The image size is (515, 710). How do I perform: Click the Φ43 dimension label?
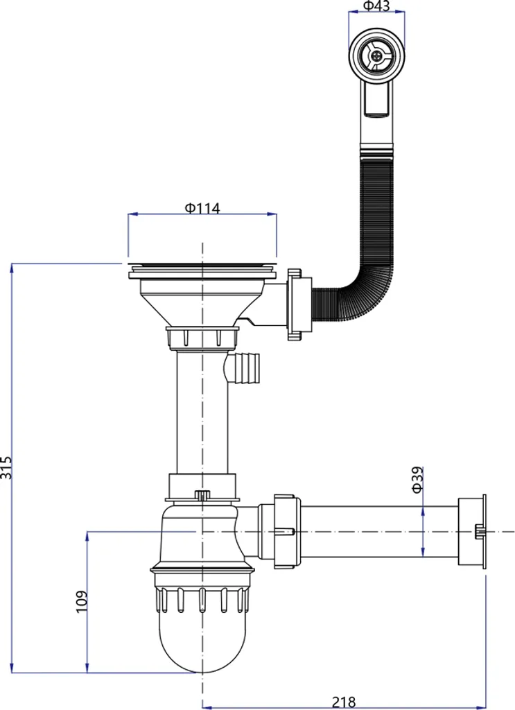376,6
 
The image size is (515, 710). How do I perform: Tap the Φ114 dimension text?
202,208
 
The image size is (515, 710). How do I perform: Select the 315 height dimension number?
6,467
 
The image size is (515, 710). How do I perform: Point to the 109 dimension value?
82,602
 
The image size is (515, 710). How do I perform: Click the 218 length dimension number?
344,702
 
